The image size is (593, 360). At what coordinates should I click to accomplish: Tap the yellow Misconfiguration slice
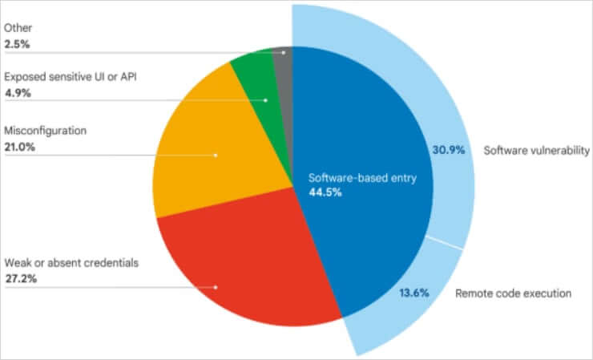(x=208, y=152)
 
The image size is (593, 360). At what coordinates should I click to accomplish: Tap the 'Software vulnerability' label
(x=536, y=150)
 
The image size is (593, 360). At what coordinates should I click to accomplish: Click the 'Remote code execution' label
(x=513, y=293)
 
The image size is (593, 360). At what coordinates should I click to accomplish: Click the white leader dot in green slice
(x=265, y=100)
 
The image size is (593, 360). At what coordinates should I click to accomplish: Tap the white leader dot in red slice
(x=216, y=286)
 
